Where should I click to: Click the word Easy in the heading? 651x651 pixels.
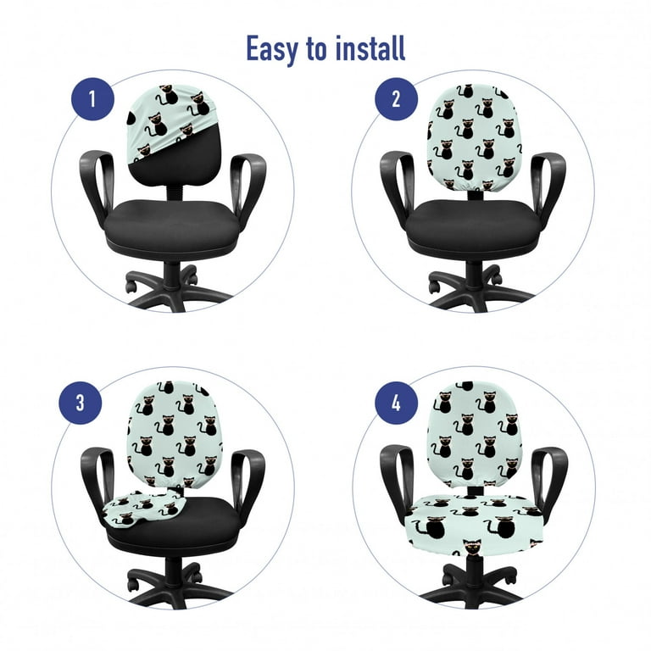click(x=272, y=50)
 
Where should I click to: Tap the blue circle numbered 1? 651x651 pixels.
click(x=92, y=99)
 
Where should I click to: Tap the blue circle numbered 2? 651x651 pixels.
click(x=396, y=99)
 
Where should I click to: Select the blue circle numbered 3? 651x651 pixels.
click(x=81, y=403)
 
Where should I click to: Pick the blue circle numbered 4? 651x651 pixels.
click(x=396, y=403)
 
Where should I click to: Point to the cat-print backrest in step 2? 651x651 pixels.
click(x=473, y=137)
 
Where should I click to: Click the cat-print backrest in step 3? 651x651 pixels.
click(x=175, y=434)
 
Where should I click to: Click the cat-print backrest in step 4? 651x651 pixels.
click(x=473, y=434)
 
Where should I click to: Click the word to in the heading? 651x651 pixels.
click(x=316, y=50)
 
